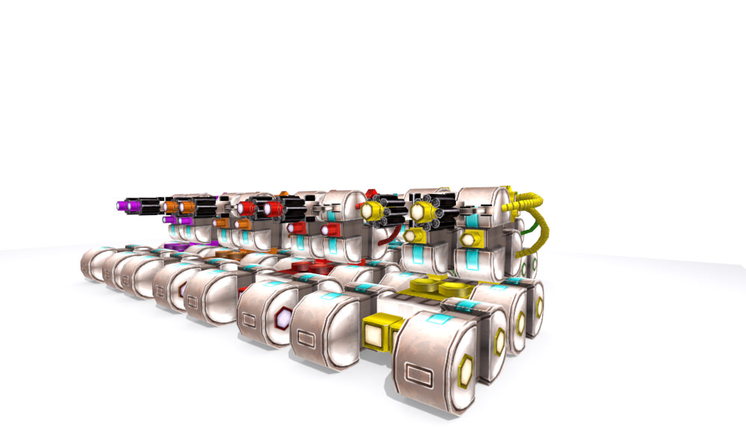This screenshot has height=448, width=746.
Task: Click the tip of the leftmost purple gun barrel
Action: pos(121,205)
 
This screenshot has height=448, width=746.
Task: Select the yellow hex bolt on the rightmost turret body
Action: pos(468,240)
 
